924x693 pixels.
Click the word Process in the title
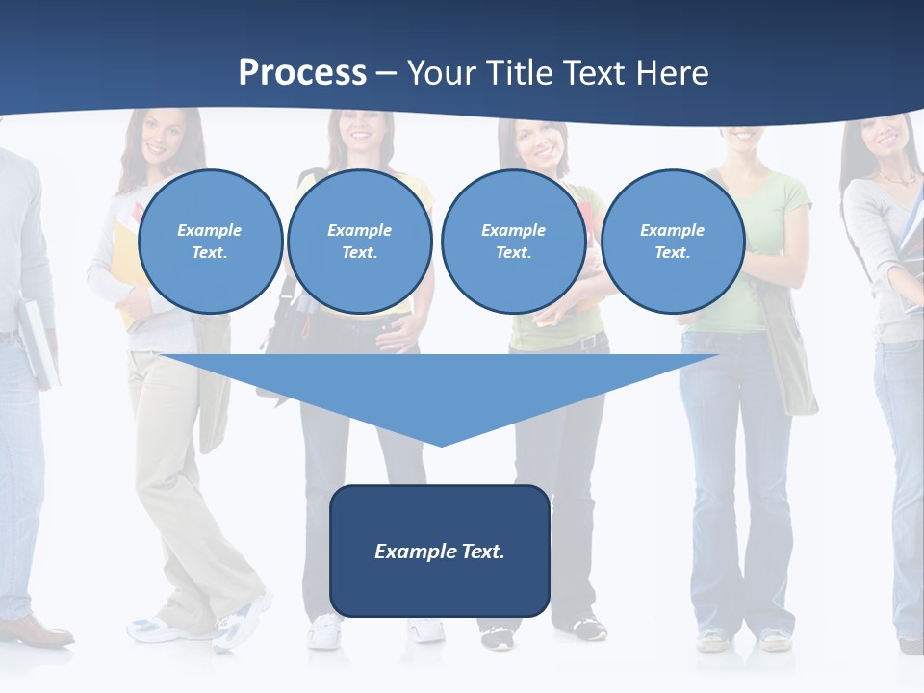(302, 72)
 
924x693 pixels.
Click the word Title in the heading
(518, 72)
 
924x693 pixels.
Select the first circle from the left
(210, 241)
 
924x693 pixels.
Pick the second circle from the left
(359, 241)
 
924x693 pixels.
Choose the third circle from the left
(513, 241)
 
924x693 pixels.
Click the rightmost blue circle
(672, 241)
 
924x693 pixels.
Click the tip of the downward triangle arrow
(442, 444)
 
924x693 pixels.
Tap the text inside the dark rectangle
(440, 552)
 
